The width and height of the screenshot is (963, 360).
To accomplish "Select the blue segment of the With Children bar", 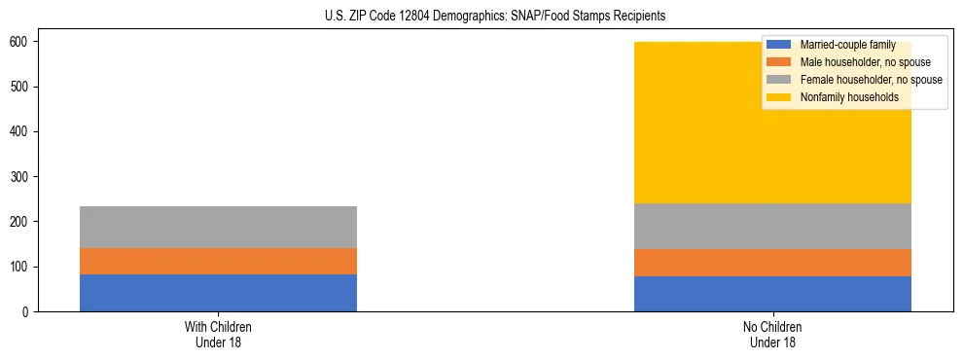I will click(x=218, y=293).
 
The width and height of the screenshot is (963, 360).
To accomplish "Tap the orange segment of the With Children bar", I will click(x=218, y=262).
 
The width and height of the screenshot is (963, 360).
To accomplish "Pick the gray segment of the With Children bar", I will click(x=218, y=227).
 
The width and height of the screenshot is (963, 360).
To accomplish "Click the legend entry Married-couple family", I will click(x=846, y=45).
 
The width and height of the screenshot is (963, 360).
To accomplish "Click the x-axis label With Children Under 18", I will click(x=218, y=334).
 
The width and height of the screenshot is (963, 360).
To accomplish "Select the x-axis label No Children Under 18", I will click(x=772, y=334).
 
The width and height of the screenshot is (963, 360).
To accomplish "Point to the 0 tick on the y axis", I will click(x=26, y=311).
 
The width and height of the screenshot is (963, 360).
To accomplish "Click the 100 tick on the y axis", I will click(x=20, y=267).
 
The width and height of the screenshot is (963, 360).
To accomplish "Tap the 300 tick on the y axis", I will click(x=20, y=177).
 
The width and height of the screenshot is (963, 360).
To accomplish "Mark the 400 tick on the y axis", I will click(x=20, y=131).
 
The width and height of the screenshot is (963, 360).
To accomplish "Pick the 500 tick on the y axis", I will click(x=20, y=87).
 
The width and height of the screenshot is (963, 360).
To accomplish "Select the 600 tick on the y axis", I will click(x=20, y=42).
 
